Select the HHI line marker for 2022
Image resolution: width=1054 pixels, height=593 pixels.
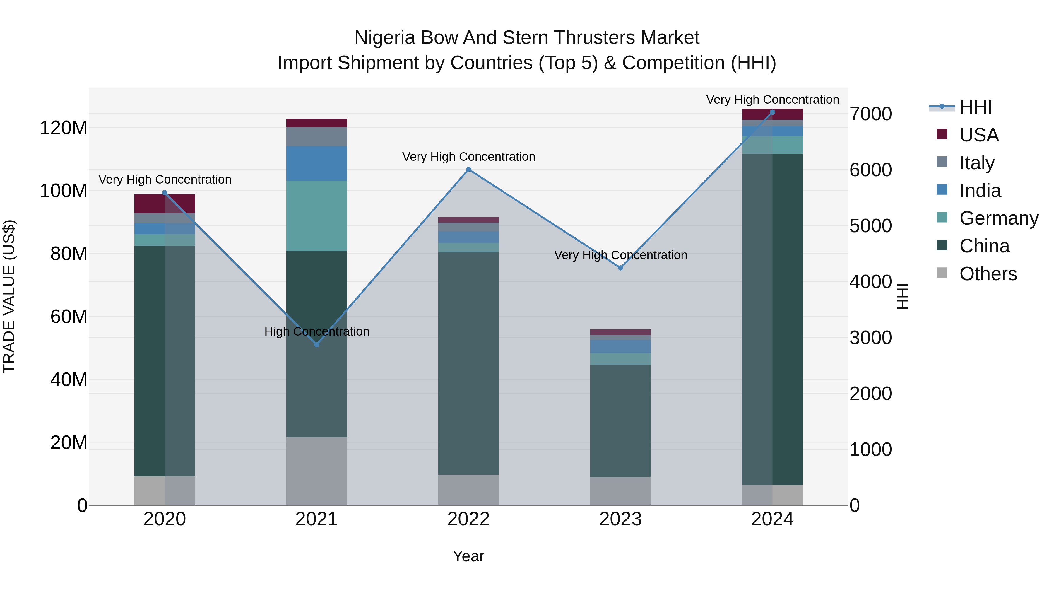[468, 170]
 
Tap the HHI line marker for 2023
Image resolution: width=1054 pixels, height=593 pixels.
[620, 268]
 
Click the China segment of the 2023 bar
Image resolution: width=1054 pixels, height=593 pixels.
[620, 421]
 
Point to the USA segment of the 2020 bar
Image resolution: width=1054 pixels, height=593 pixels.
[165, 204]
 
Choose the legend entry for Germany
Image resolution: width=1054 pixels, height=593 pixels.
[998, 218]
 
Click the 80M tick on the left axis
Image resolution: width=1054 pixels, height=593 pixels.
[69, 254]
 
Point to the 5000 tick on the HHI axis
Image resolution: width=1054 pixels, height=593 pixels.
[870, 226]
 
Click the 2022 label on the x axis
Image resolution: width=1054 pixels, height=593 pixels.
[468, 519]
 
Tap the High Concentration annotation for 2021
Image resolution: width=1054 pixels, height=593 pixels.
[317, 331]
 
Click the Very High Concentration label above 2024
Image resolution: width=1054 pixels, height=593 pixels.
[772, 100]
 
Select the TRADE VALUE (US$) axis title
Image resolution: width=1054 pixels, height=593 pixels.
[9, 296]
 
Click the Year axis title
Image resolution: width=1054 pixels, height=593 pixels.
[468, 556]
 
